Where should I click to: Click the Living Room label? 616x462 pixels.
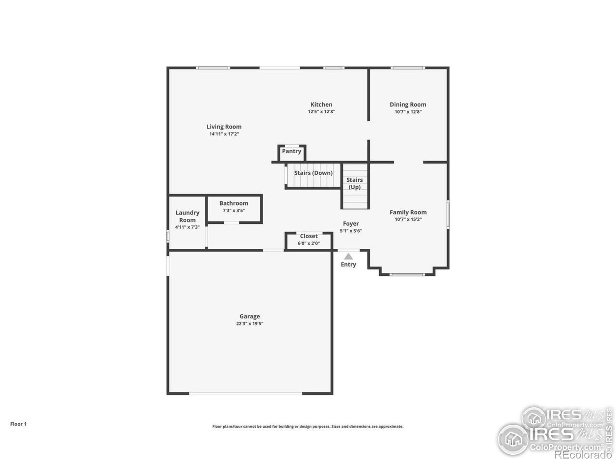coord(224,127)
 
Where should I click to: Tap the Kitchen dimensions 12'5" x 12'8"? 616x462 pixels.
coord(321,112)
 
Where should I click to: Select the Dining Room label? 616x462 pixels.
coord(408,104)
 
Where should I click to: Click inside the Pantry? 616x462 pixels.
coord(291,152)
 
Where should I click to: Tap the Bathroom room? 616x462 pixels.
coord(234,208)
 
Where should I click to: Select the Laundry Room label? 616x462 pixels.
coord(187,216)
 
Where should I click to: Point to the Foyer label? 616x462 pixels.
coord(351,223)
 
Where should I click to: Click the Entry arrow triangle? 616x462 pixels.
coord(348,256)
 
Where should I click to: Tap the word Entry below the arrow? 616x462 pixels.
coord(348,264)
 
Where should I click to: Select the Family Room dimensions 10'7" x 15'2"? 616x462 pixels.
coord(408,219)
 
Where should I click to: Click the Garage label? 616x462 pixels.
coord(249,316)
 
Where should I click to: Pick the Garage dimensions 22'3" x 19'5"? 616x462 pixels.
coord(249,324)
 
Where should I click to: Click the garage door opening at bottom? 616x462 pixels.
coord(246,393)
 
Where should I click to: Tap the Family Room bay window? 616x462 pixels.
coord(407,275)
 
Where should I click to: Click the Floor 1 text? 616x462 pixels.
coord(18,424)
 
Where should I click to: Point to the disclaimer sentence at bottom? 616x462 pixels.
coord(308,427)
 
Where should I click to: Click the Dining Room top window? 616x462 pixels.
coord(408,68)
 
